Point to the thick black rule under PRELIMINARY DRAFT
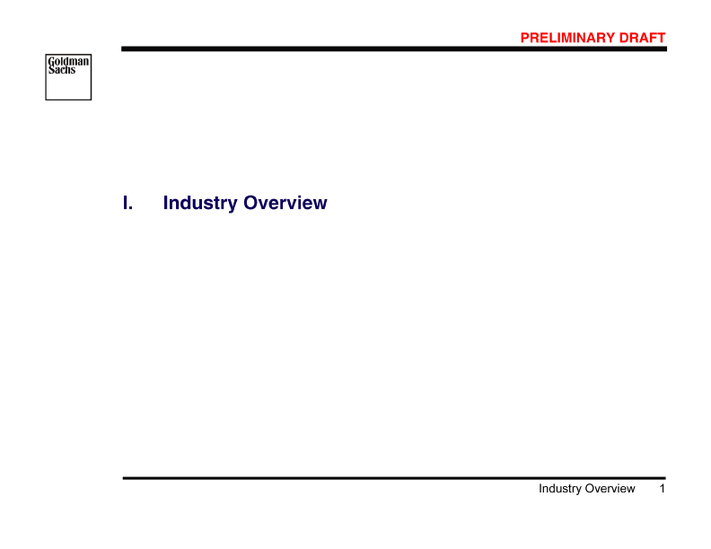coord(394,49)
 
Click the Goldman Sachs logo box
coord(68,76)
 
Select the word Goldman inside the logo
coord(68,62)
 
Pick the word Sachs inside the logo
coord(62,70)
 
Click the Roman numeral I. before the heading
coord(127,204)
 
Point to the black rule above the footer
coord(394,478)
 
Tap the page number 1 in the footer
coord(662,489)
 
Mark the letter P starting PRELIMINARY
coord(525,38)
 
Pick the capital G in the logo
coord(51,62)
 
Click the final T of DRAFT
coord(663,38)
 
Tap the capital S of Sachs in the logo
coord(51,70)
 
